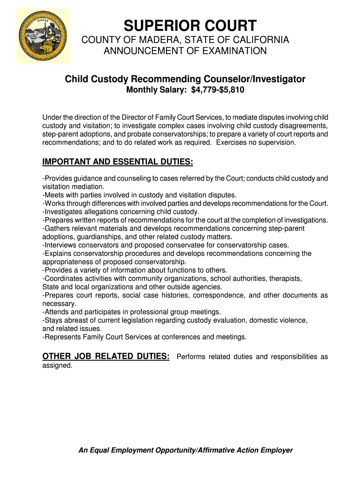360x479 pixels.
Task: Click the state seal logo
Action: click(x=43, y=36)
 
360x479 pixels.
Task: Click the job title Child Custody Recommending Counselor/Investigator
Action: click(x=185, y=79)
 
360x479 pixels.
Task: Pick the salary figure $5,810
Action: click(x=232, y=89)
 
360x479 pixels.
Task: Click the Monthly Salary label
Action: click(x=157, y=89)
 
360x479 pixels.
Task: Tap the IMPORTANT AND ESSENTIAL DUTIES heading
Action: click(x=117, y=162)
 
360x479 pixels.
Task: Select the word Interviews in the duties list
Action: click(x=61, y=245)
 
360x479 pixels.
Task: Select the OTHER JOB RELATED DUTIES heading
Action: click(x=106, y=356)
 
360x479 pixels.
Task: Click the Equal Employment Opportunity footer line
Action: click(x=186, y=450)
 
